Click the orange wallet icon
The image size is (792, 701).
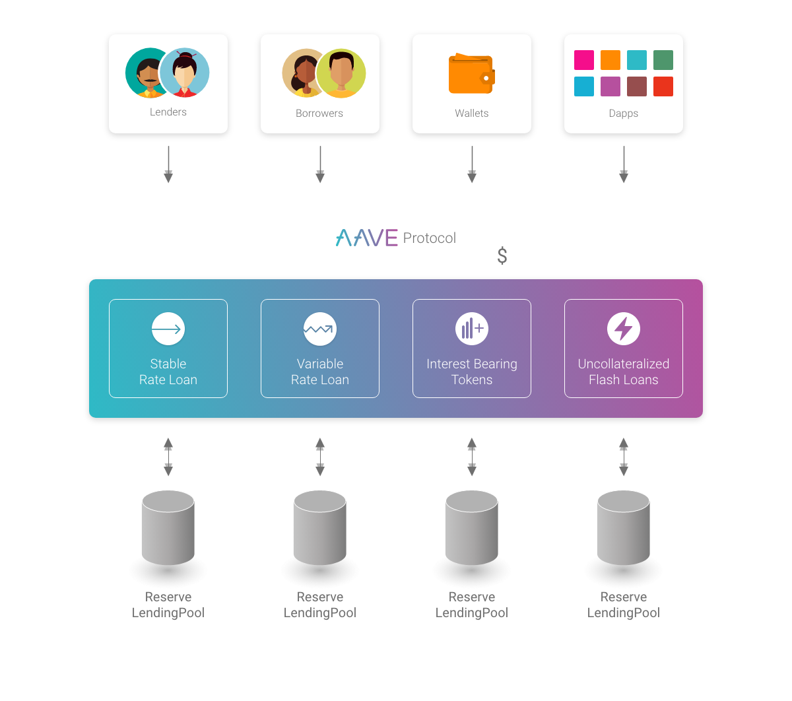pyautogui.click(x=471, y=73)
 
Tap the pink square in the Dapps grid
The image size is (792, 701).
pyautogui.click(x=583, y=60)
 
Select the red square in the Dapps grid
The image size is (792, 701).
pyautogui.click(x=663, y=86)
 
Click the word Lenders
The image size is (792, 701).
pyautogui.click(x=168, y=112)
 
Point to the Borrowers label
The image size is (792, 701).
pyautogui.click(x=319, y=113)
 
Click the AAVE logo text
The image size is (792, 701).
pyautogui.click(x=367, y=238)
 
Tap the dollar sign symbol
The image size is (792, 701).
pyautogui.click(x=502, y=255)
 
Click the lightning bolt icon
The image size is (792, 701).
pyautogui.click(x=624, y=329)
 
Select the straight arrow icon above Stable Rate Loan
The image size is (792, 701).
pyautogui.click(x=168, y=329)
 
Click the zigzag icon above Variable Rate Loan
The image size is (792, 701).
pyautogui.click(x=320, y=329)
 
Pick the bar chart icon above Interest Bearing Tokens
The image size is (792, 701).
pyautogui.click(x=472, y=329)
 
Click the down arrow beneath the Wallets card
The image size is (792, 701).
pyautogui.click(x=472, y=164)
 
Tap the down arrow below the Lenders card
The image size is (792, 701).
pyautogui.click(x=168, y=164)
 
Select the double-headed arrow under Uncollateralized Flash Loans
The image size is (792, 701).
pyautogui.click(x=624, y=457)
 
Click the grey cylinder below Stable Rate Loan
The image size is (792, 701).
pyautogui.click(x=168, y=528)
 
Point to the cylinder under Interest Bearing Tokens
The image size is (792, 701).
pyautogui.click(x=472, y=528)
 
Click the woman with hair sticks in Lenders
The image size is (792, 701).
pyautogui.click(x=185, y=73)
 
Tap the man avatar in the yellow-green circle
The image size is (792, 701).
pyautogui.click(x=341, y=73)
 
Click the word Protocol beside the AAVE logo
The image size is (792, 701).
pyautogui.click(x=429, y=238)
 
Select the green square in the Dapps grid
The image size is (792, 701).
pyautogui.click(x=663, y=60)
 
